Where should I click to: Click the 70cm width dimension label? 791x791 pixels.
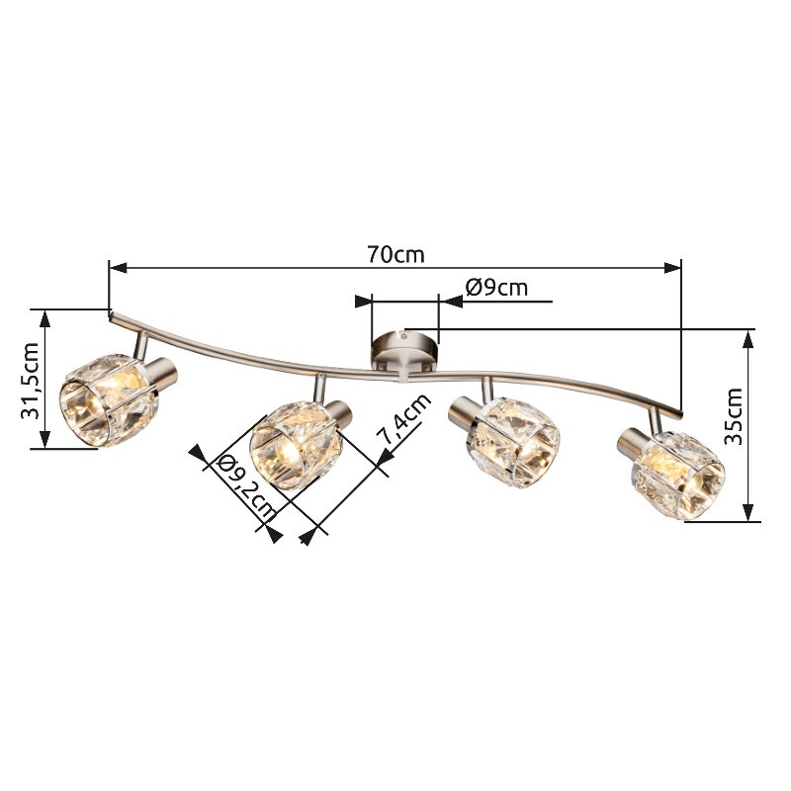(x=395, y=254)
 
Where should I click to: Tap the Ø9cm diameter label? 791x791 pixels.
(x=496, y=288)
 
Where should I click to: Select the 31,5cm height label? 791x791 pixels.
(x=31, y=380)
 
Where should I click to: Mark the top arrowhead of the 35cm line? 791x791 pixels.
(x=748, y=336)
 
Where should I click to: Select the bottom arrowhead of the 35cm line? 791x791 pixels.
(x=748, y=514)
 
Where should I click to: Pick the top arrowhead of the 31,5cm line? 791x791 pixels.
(x=44, y=316)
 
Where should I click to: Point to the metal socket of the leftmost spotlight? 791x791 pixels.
(x=163, y=372)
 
